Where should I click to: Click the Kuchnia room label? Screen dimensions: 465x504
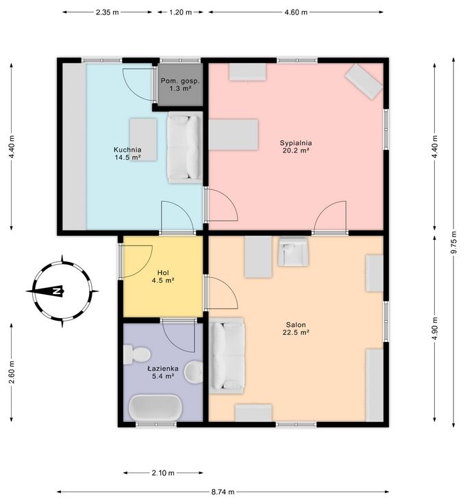[127, 153]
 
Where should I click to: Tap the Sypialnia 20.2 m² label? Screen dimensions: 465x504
[296, 146]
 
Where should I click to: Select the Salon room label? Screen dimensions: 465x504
[296, 328]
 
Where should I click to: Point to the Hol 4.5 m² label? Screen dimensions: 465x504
[163, 276]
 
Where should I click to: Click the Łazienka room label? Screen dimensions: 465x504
[163, 372]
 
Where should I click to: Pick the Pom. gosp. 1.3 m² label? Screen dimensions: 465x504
[180, 85]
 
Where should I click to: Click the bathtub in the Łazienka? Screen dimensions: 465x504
[155, 408]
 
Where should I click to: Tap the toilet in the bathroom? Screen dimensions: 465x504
[137, 354]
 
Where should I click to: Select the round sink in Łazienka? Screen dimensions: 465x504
[194, 371]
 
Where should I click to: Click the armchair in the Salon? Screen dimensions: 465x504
[293, 252]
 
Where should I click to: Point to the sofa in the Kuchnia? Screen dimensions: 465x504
[185, 148]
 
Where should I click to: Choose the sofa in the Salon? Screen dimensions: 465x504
[227, 356]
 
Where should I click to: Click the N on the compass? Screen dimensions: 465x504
[57, 291]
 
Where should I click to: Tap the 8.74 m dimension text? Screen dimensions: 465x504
[223, 492]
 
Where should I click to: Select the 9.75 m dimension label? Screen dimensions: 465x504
[454, 242]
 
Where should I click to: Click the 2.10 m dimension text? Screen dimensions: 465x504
[163, 473]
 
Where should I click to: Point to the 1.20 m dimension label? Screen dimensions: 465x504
[180, 12]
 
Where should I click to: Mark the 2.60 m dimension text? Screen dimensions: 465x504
[12, 372]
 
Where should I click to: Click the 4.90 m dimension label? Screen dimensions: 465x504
[435, 328]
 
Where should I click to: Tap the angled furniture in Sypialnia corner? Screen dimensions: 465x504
[364, 81]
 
